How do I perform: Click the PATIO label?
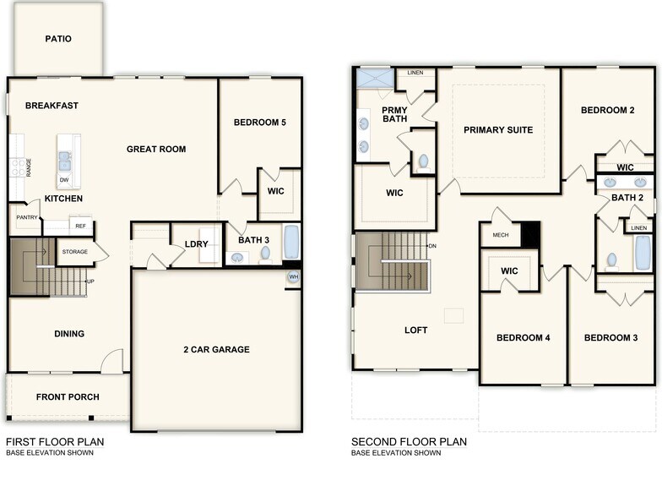58,39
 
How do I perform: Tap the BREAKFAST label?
52,106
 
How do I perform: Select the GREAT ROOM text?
156,150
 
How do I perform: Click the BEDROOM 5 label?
260,123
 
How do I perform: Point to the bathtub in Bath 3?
291,242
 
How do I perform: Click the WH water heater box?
293,276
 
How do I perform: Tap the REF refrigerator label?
80,227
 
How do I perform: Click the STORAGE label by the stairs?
74,251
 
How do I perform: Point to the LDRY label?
197,244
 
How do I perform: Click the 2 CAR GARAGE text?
217,350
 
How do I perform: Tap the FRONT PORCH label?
68,397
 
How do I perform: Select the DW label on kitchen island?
64,180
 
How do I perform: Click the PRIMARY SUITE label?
498,130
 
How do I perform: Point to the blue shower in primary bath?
373,78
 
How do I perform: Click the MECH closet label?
500,234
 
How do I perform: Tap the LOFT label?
416,330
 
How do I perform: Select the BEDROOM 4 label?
524,338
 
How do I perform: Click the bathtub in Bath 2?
643,252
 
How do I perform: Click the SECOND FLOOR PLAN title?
409,441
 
